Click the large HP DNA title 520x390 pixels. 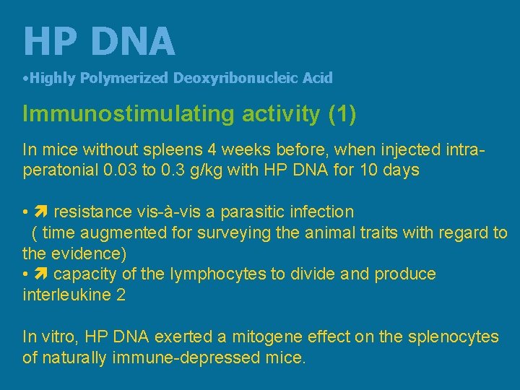tap(99, 41)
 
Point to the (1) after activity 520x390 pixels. tap(342, 114)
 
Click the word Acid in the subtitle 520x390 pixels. tap(318, 78)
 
